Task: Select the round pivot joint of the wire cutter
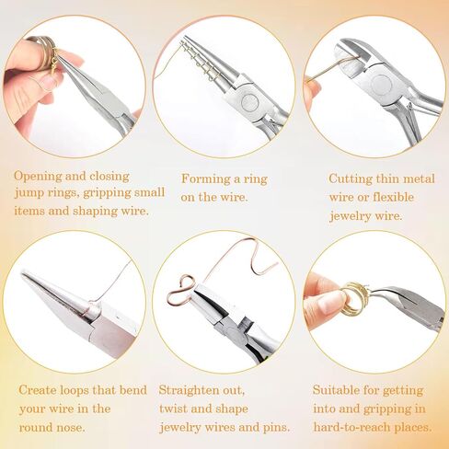pos(381,85)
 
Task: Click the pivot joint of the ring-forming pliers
pos(249,102)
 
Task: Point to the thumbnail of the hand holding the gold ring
pos(331,304)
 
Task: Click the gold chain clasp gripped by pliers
pos(55,63)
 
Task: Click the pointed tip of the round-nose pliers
pos(22,273)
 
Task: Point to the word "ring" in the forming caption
pos(256,179)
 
